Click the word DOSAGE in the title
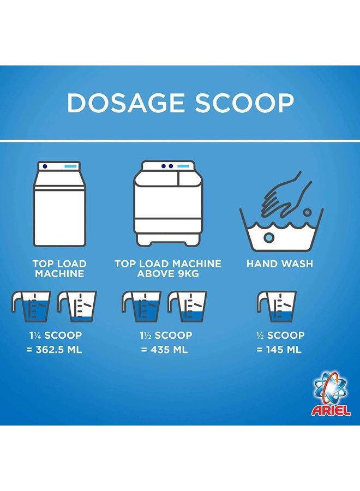coord(125,103)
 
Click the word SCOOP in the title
coord(244,103)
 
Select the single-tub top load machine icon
coord(59,204)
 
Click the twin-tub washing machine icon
coord(168,203)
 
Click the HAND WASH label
coord(280,264)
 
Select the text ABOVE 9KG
coord(168,274)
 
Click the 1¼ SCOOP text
coord(56,335)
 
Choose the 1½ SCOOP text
coord(166,335)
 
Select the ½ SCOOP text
coord(280,335)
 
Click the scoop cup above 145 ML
coord(277,307)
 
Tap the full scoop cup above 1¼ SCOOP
coord(31,307)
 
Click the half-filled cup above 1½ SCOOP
coord(187,307)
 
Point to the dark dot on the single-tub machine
coord(45,166)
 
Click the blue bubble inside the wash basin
coord(269,237)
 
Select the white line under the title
coord(180,141)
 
